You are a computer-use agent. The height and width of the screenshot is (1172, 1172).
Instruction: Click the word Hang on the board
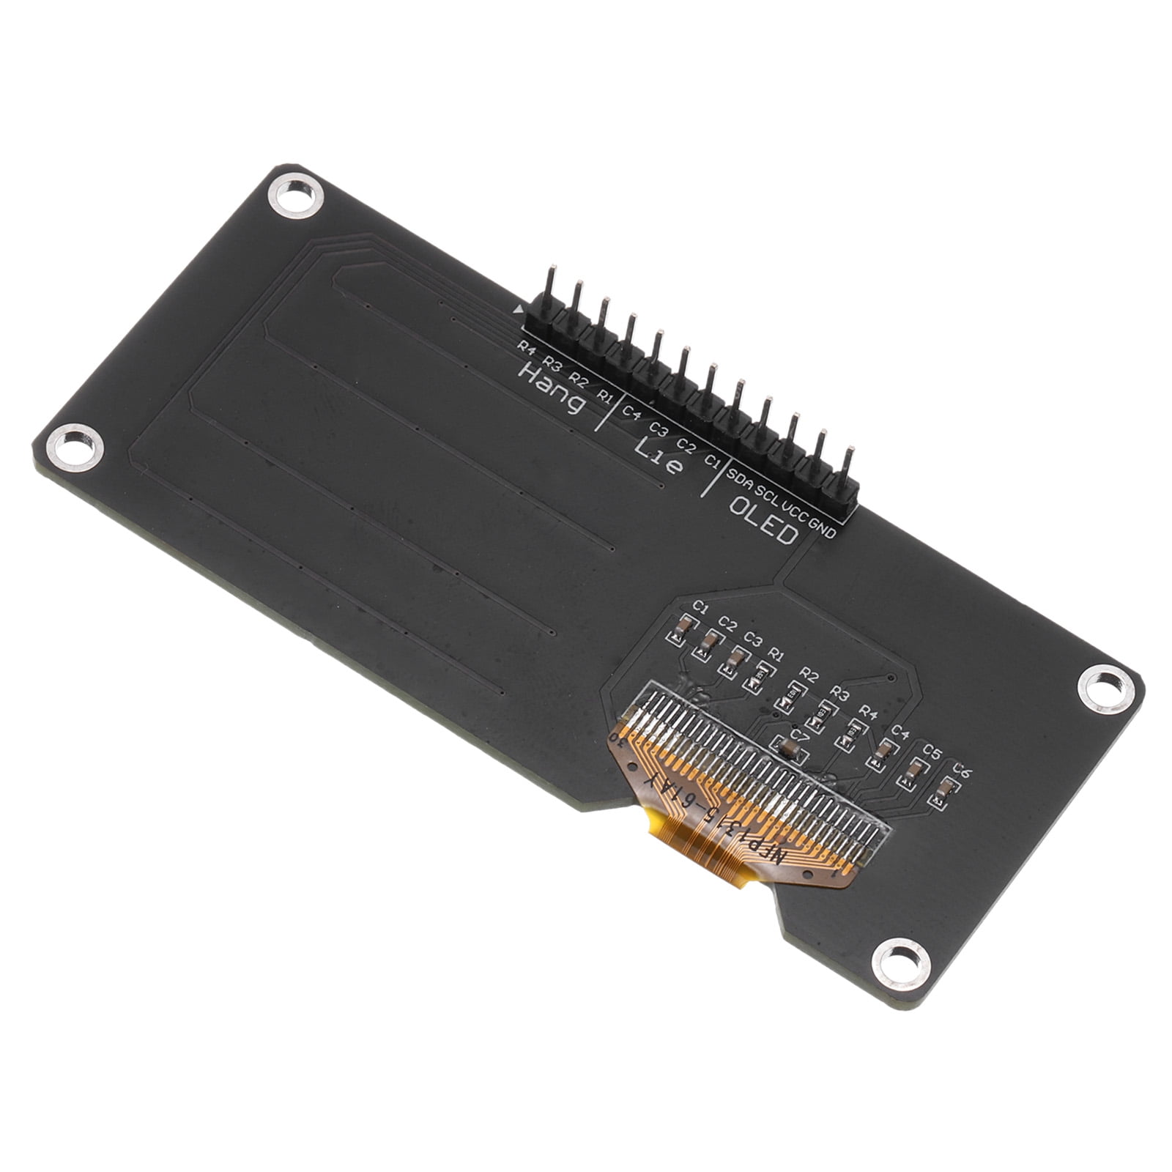pyautogui.click(x=552, y=389)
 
